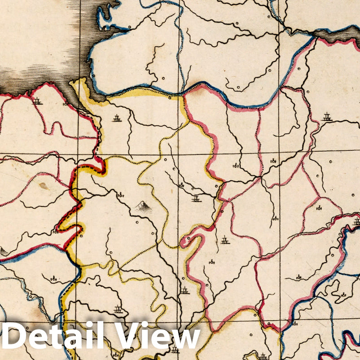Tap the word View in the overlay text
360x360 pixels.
pos(157,337)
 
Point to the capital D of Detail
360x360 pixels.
pos(13,337)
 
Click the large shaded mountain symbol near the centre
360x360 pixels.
pos(143,206)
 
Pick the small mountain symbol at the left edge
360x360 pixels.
pos(4,252)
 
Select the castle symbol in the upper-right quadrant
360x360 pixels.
pos(327,118)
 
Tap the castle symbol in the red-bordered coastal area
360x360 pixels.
pos(38,101)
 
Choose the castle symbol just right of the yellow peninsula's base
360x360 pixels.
pos(117,119)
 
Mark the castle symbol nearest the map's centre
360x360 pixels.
pos(196,198)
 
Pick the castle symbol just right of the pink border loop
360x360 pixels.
pos(225,241)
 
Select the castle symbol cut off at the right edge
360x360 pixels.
pos(356,221)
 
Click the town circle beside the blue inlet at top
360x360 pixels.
pos(129,27)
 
